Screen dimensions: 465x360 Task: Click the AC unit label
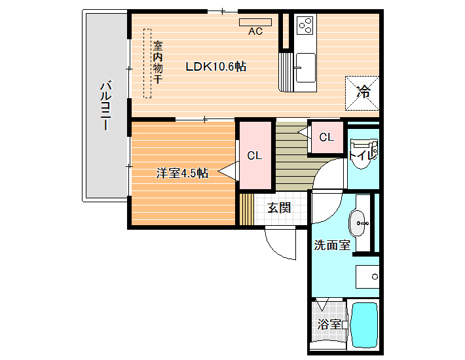pos(255,31)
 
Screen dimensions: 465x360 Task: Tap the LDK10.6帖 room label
pos(216,66)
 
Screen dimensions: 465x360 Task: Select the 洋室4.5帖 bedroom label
pos(182,173)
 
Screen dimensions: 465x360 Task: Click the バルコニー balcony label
pos(106,105)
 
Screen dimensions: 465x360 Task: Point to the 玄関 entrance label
pos(279,207)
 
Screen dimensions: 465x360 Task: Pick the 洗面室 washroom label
pos(332,245)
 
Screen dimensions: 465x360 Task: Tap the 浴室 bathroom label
pos(329,324)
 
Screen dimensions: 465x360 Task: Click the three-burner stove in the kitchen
pos(305,24)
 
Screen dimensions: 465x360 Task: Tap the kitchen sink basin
pos(305,67)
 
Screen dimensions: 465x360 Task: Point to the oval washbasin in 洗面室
pos(358,223)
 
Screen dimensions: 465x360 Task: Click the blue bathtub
pos(364,325)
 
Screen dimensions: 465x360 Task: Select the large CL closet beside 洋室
pos(255,155)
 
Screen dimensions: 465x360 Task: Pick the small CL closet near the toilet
pos(327,137)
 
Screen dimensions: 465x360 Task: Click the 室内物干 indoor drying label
pos(158,62)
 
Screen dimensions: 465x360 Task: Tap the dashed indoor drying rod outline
pos(147,63)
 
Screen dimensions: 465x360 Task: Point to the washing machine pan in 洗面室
pos(367,277)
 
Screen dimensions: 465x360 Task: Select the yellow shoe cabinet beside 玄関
pos(246,209)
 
